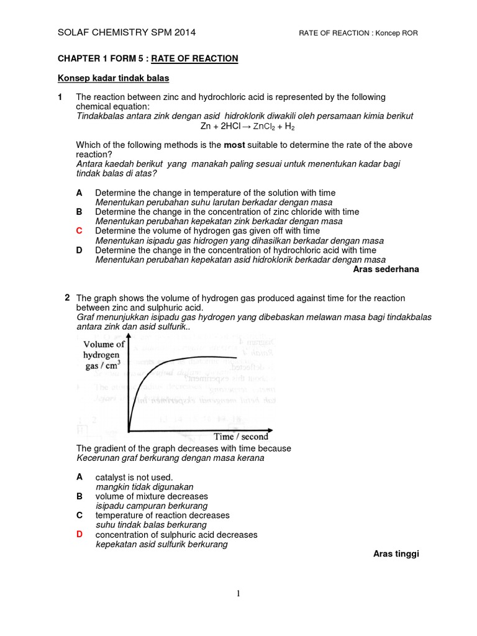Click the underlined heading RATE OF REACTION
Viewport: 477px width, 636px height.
point(197,58)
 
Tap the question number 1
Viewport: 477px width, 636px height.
point(60,98)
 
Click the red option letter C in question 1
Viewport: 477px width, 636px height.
point(79,231)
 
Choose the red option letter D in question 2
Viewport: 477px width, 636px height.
point(79,534)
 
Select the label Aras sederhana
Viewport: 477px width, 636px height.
point(386,269)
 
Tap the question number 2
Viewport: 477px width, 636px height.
point(67,298)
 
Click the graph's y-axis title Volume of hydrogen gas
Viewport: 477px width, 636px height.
point(104,355)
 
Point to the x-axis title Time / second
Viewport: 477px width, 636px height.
point(241,437)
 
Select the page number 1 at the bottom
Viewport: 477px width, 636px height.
point(238,594)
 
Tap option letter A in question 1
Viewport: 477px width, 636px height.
point(79,193)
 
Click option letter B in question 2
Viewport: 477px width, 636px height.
point(79,496)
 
